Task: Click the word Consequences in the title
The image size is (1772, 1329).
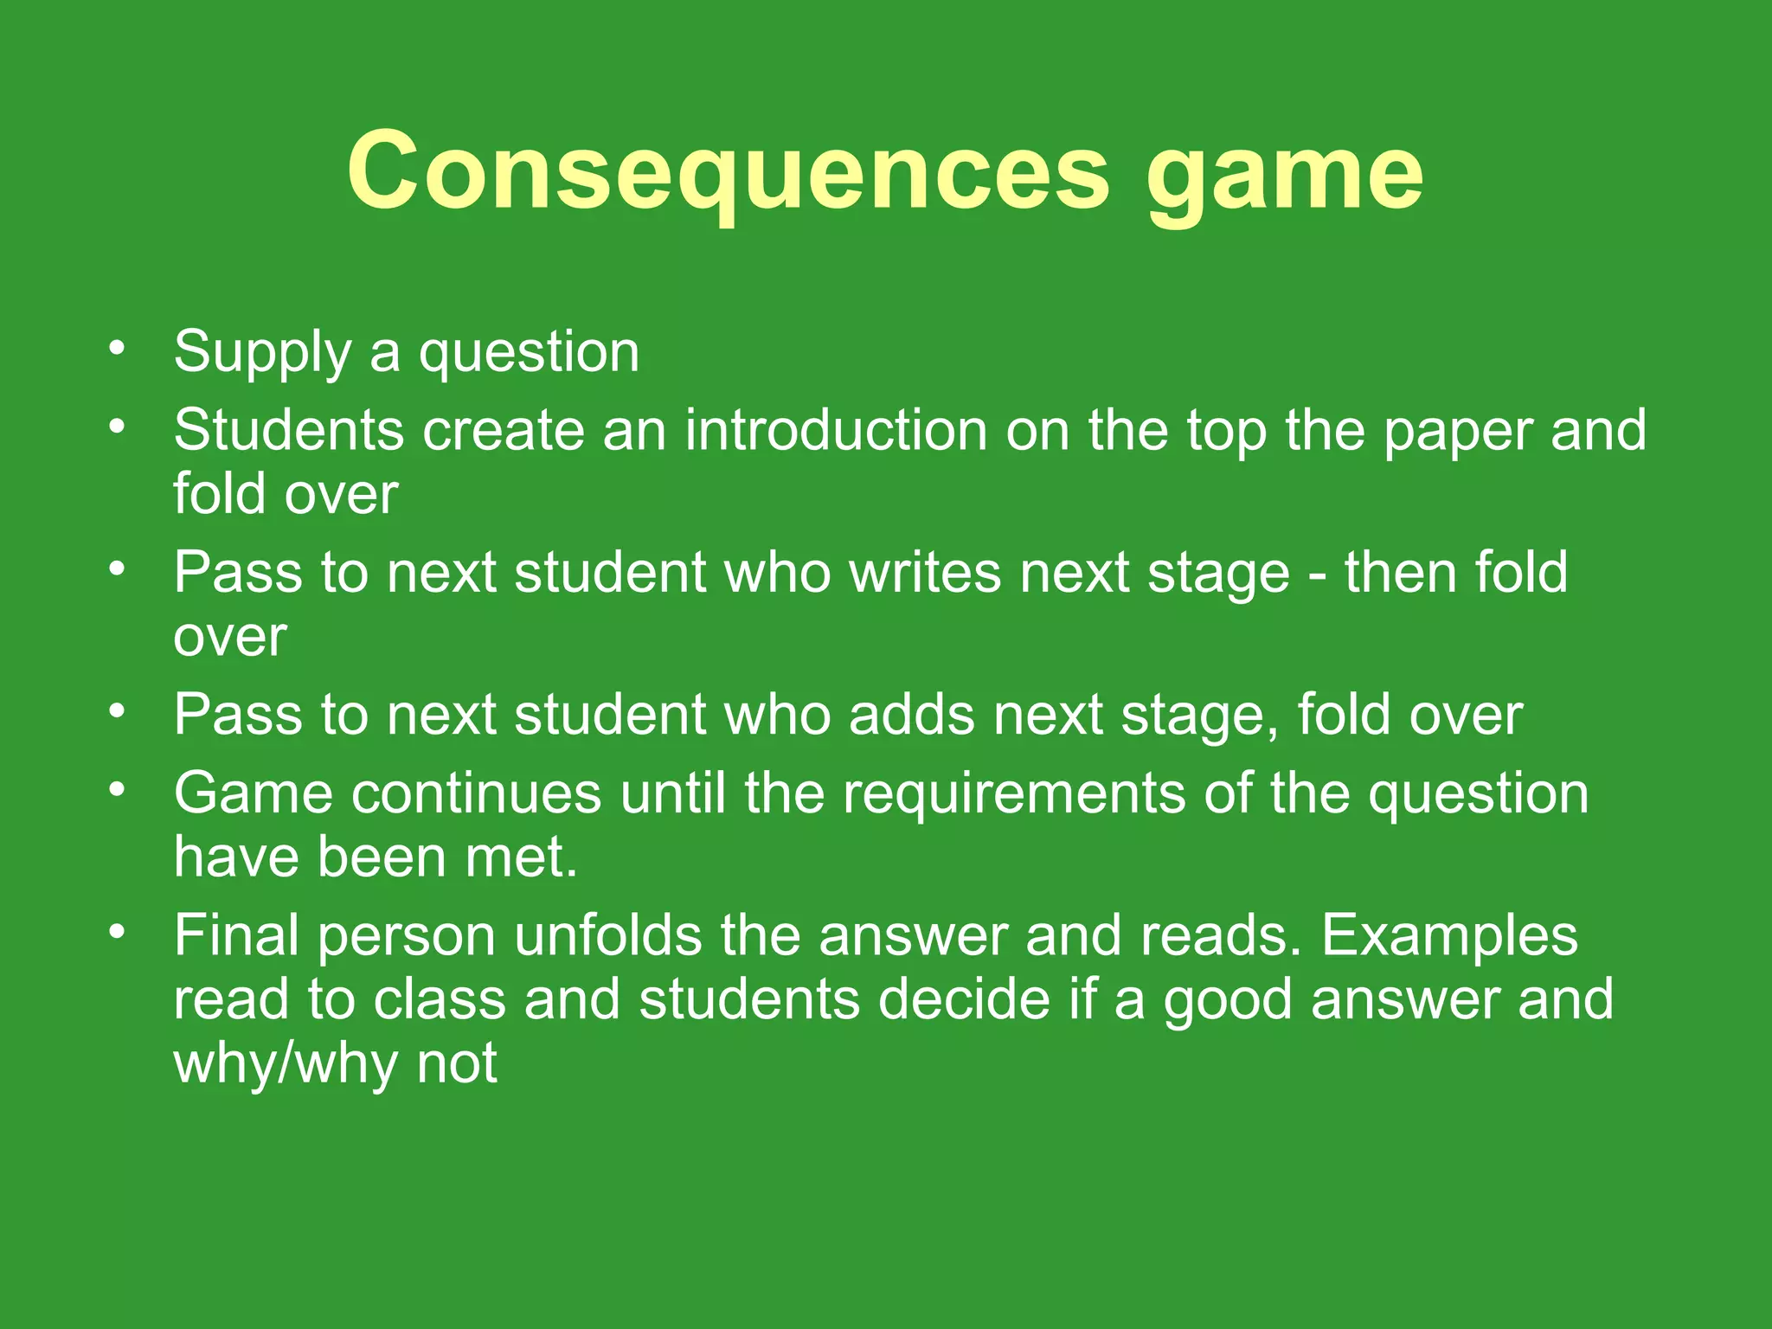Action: coord(728,170)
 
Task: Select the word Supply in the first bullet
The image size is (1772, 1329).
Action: coord(262,353)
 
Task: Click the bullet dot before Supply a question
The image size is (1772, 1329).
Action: coord(118,349)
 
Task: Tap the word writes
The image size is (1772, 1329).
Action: coord(924,573)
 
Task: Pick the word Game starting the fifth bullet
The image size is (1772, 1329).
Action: coord(254,793)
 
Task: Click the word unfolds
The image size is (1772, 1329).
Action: coord(608,935)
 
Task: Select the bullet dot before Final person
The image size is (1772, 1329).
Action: coord(118,933)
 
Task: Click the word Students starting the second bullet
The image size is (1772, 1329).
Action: coord(288,430)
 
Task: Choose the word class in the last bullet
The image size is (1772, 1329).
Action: coord(440,999)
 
